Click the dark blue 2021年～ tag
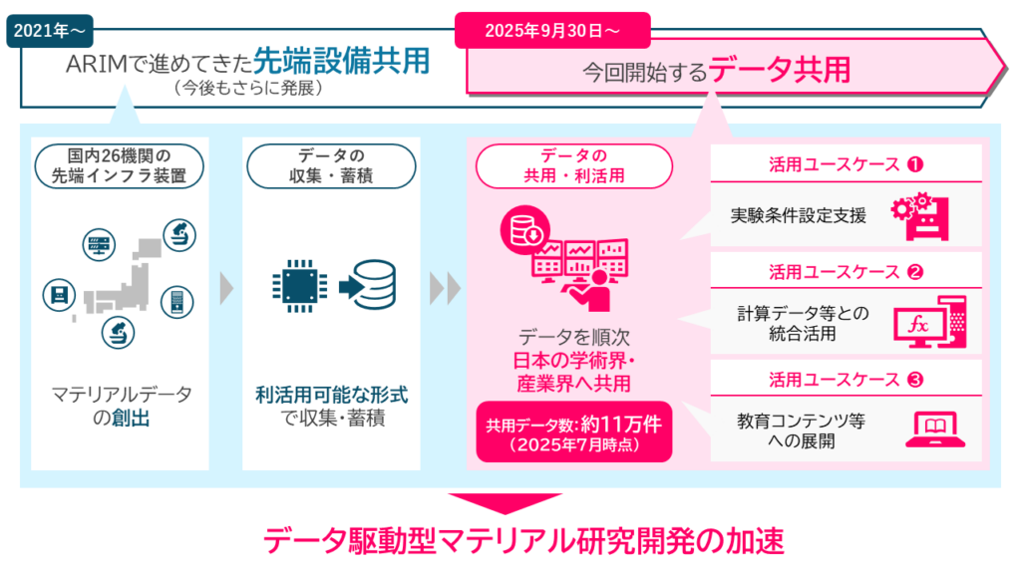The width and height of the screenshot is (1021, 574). click(51, 30)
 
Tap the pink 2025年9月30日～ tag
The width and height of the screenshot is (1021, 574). click(552, 30)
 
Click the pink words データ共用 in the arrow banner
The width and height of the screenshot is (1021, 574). click(795, 71)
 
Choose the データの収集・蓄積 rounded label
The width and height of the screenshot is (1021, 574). click(329, 165)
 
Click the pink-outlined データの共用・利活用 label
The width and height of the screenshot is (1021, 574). click(572, 165)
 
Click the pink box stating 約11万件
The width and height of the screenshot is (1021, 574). click(573, 431)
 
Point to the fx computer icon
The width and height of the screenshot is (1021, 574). click(930, 320)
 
